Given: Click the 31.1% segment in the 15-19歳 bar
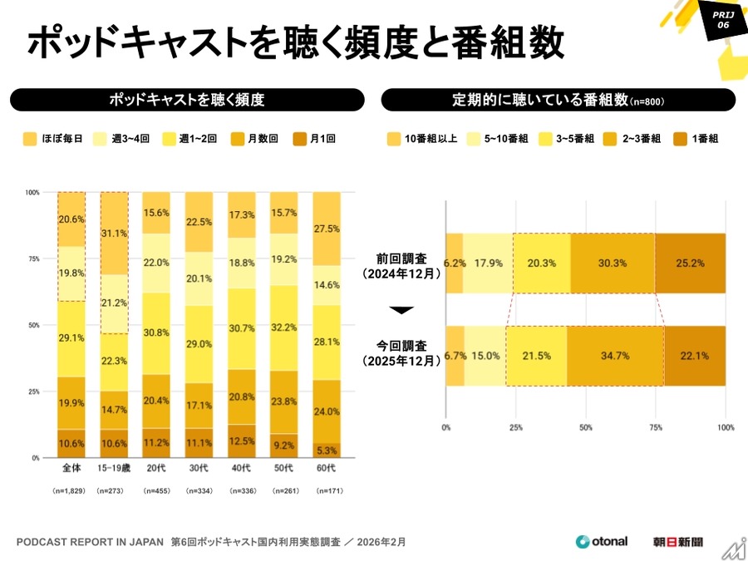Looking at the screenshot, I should click(114, 234).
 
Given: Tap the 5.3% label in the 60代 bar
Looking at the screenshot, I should click(327, 450).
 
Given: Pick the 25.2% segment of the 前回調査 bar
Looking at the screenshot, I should click(690, 263).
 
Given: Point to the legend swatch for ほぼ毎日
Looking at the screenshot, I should click(29, 139).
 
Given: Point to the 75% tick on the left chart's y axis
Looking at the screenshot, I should click(32, 258).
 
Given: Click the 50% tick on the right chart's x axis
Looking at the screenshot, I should click(586, 428).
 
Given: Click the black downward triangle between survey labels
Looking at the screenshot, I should click(401, 310).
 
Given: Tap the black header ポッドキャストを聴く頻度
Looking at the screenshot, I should click(187, 100).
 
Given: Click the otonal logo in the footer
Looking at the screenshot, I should click(603, 542).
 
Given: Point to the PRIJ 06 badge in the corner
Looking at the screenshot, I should click(720, 19).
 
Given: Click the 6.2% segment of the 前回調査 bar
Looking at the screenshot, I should click(454, 263).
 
